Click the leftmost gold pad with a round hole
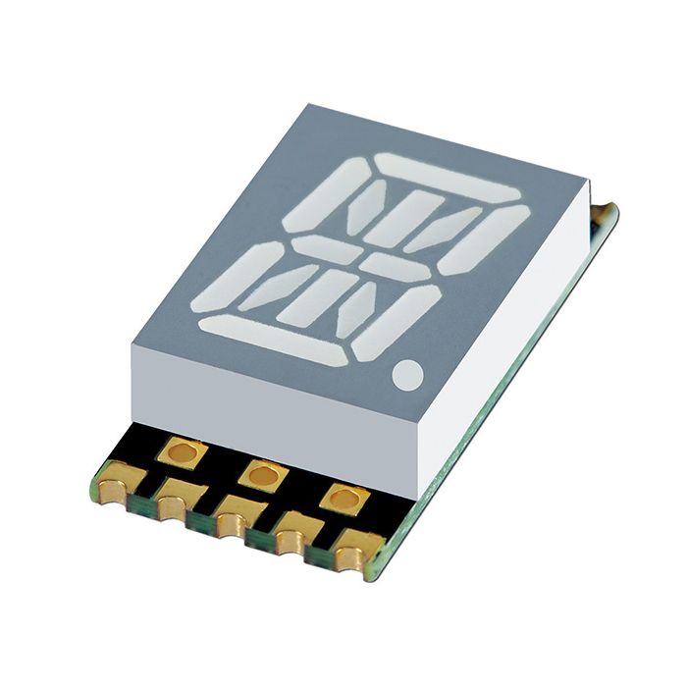(x=183, y=451)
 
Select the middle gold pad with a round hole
(x=261, y=475)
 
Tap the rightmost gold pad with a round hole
(x=343, y=499)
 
